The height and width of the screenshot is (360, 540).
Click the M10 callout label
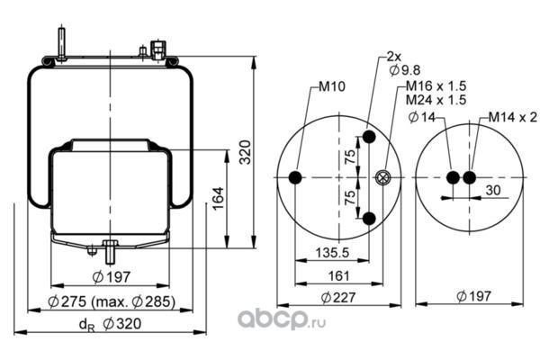pos(331,88)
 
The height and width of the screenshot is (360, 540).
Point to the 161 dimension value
pos(339,275)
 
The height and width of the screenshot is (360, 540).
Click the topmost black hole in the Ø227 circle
pos(369,139)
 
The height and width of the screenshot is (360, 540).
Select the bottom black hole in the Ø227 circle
pos(369,218)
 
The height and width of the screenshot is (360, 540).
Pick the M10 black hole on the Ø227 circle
pos(295,178)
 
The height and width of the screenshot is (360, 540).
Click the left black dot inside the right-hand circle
pos(454,177)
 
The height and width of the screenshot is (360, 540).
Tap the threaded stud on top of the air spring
pos(60,43)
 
